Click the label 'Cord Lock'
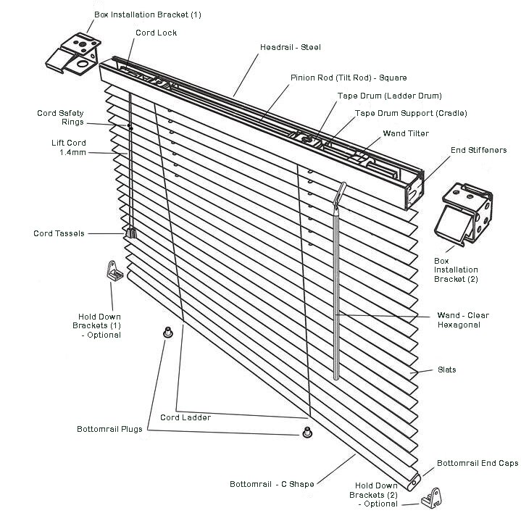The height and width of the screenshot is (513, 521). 156,33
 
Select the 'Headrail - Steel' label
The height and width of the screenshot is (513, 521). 290,47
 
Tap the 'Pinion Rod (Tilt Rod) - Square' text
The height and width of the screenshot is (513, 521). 349,78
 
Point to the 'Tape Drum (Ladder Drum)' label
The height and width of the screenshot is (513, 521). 389,96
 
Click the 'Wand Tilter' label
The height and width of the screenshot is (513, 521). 406,133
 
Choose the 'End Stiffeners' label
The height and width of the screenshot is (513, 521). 478,150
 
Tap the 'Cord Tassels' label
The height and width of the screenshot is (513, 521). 59,233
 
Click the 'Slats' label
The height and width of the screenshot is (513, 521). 446,370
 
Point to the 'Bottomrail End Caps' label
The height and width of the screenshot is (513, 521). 478,463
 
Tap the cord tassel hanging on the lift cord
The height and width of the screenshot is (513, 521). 132,233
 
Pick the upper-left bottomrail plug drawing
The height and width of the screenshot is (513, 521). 167,333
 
